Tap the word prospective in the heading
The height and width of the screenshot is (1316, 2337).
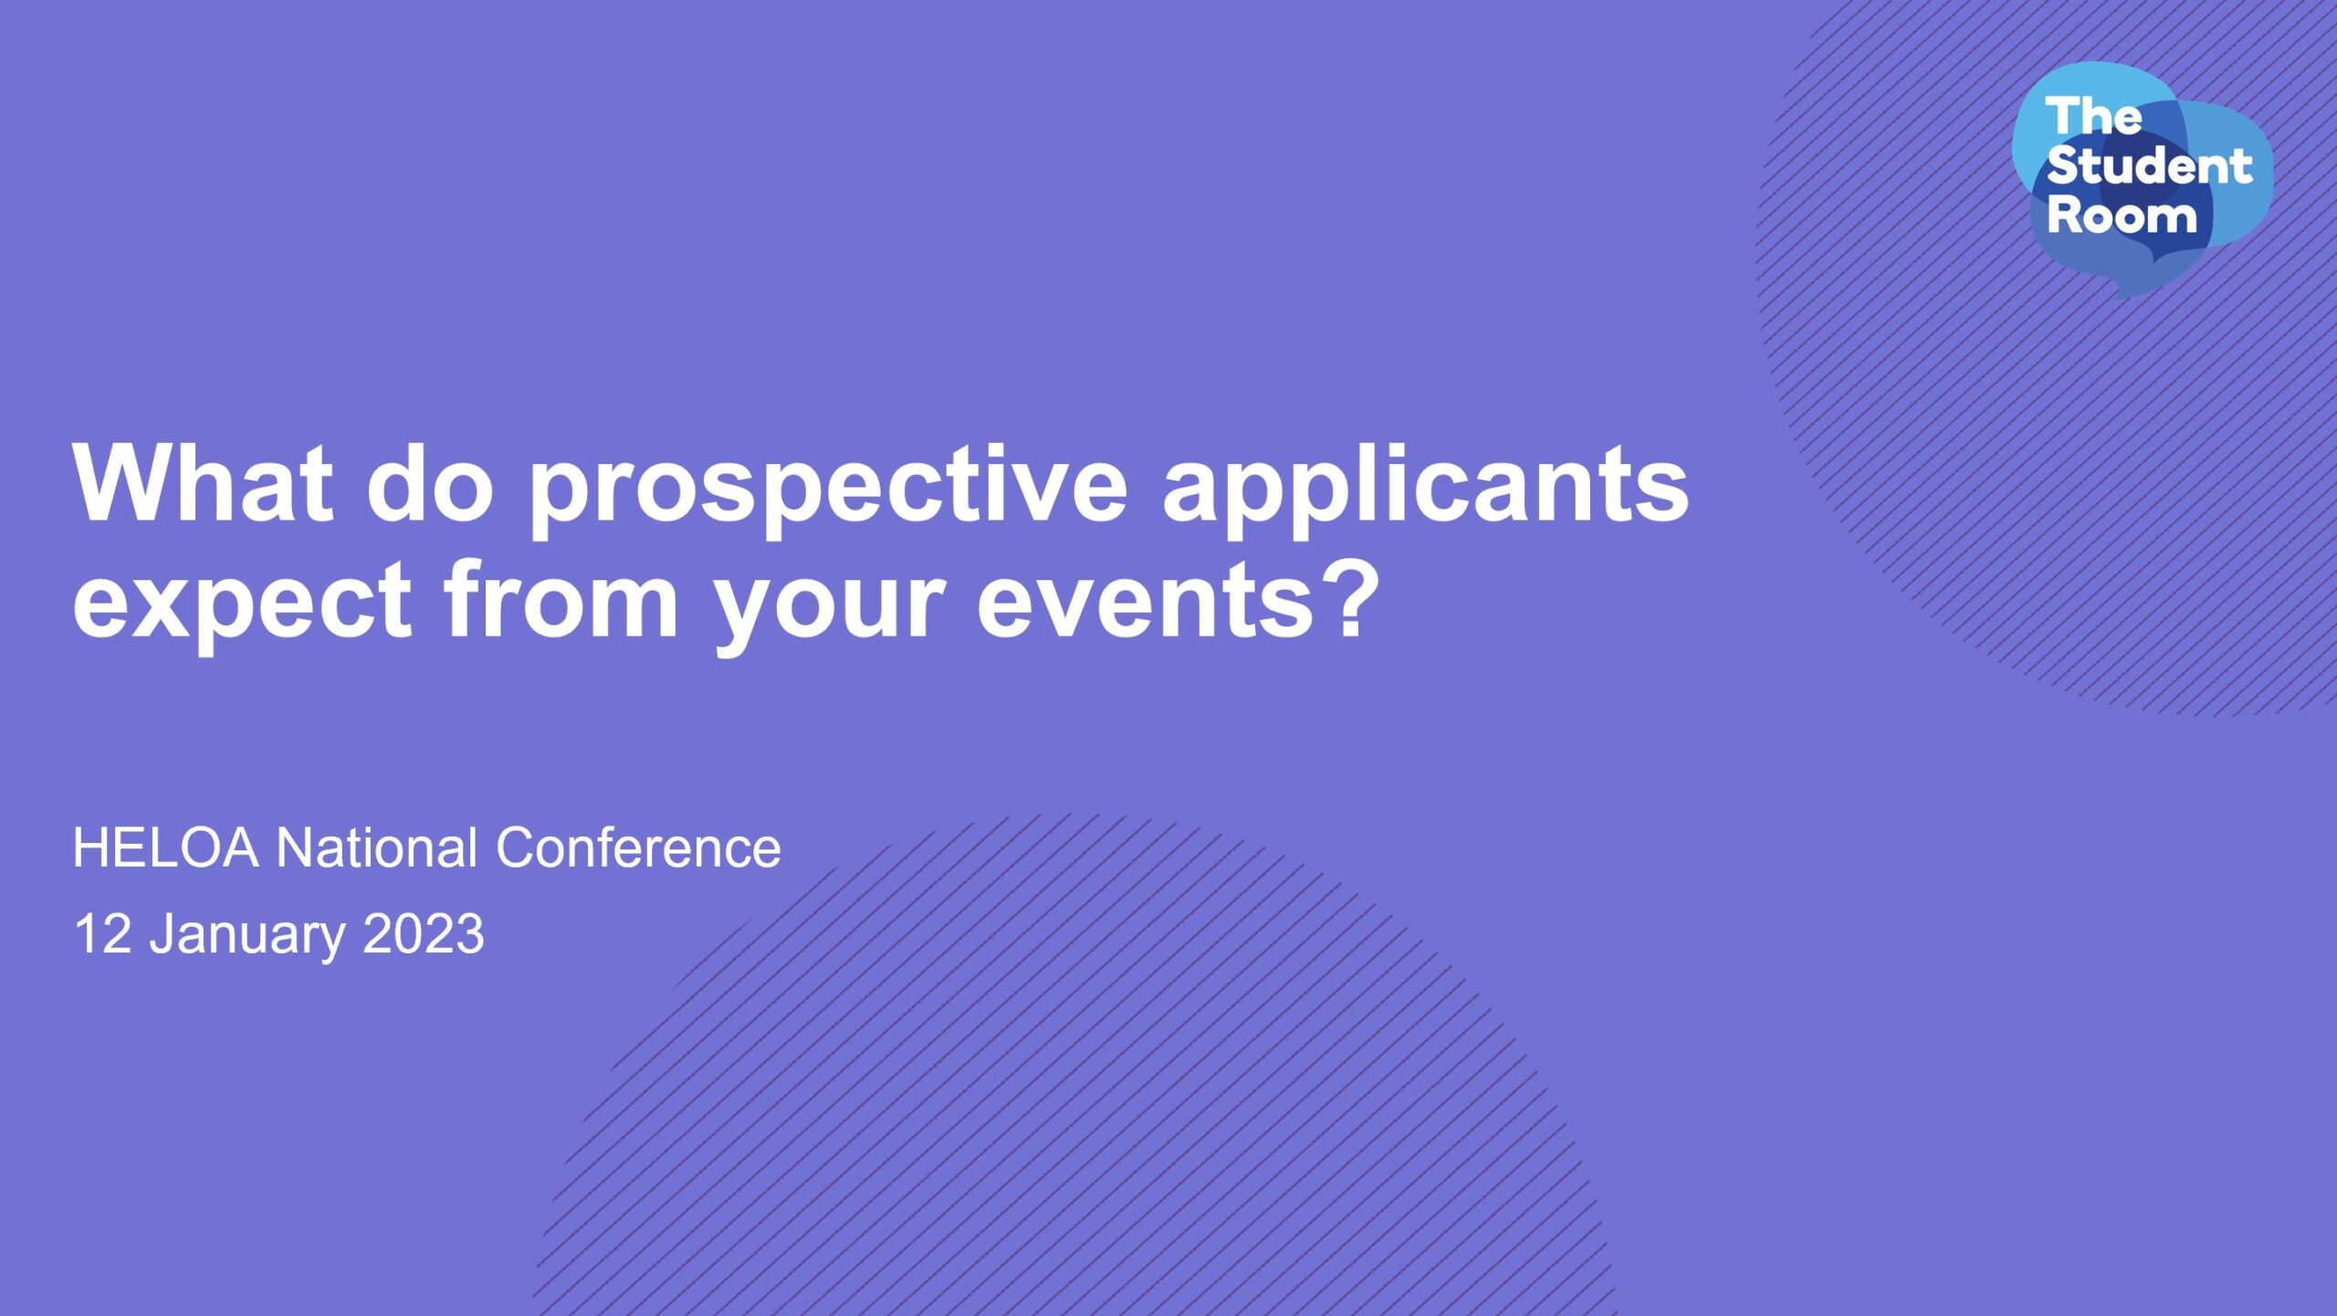pyautogui.click(x=828, y=491)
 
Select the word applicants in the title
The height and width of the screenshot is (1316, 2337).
pyautogui.click(x=1425, y=491)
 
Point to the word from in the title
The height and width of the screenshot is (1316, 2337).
pyautogui.click(x=562, y=597)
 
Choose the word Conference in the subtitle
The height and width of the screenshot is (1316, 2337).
pyautogui.click(x=638, y=848)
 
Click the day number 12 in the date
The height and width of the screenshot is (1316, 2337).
pyautogui.click(x=103, y=933)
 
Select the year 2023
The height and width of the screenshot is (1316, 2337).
pyautogui.click(x=423, y=933)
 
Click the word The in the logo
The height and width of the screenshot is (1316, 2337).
pyautogui.click(x=2093, y=117)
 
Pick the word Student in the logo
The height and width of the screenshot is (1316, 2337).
pyautogui.click(x=2150, y=165)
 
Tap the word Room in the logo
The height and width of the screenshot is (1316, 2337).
pyautogui.click(x=2122, y=216)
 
